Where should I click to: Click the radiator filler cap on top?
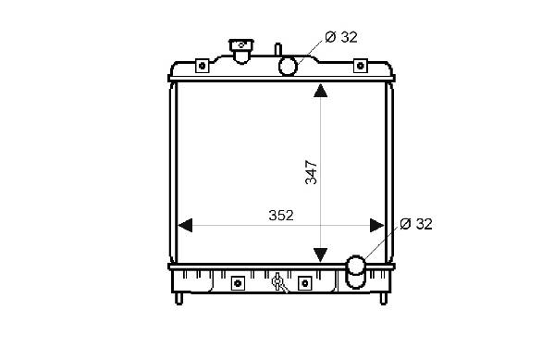point(241,51)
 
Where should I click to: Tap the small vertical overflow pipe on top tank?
point(278,49)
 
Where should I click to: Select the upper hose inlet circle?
point(288,66)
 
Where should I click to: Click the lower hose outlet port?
point(355,271)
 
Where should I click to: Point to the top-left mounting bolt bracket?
point(203,66)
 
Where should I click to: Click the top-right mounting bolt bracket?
point(361,66)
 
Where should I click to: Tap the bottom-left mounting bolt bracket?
point(238,283)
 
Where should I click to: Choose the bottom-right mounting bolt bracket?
point(305,283)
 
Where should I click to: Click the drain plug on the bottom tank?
point(278,282)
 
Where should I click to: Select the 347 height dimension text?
point(311,172)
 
